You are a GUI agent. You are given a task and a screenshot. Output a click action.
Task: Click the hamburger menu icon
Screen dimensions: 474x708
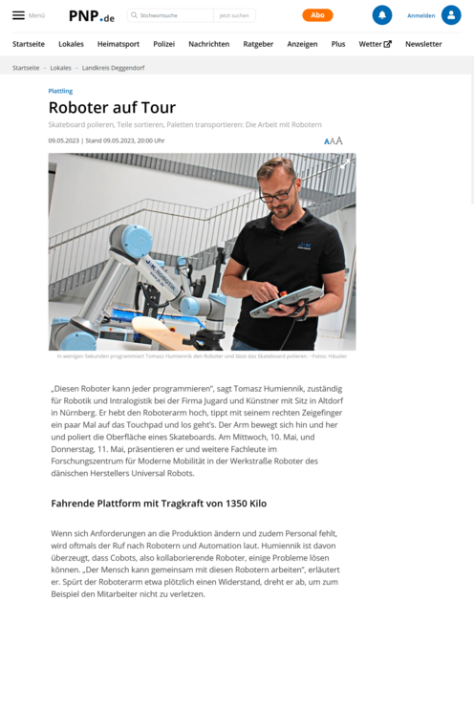[x=18, y=15]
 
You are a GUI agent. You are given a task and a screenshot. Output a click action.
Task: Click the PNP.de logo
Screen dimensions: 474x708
[x=92, y=15]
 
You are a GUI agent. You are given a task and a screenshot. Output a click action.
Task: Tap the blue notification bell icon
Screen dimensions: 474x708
[x=382, y=15]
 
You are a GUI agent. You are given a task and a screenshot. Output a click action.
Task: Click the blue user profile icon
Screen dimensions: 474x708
[x=451, y=15]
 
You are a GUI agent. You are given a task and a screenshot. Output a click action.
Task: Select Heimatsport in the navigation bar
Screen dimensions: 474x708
[x=118, y=44]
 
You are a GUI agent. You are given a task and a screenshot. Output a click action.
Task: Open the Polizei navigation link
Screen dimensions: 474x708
[x=163, y=44]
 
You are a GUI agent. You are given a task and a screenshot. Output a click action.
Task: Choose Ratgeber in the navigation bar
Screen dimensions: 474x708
[x=258, y=44]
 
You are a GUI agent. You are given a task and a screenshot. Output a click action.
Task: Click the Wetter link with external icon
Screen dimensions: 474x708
[x=375, y=44]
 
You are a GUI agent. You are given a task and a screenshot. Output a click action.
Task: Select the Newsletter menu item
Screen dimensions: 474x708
[x=423, y=44]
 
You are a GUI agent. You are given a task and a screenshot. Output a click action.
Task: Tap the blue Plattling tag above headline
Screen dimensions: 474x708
[x=60, y=91]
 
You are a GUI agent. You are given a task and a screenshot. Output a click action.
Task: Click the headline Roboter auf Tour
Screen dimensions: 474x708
[x=112, y=108]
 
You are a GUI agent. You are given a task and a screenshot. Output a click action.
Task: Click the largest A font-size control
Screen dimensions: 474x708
[x=339, y=140]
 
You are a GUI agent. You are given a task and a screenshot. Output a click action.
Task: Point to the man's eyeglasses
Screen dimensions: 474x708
[x=275, y=192]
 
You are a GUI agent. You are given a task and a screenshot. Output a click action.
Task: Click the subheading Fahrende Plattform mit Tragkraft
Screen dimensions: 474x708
[x=159, y=502]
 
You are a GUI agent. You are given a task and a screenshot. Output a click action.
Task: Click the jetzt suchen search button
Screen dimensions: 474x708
[x=233, y=15]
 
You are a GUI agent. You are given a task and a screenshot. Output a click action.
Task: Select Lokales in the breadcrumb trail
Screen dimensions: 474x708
[x=60, y=68]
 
